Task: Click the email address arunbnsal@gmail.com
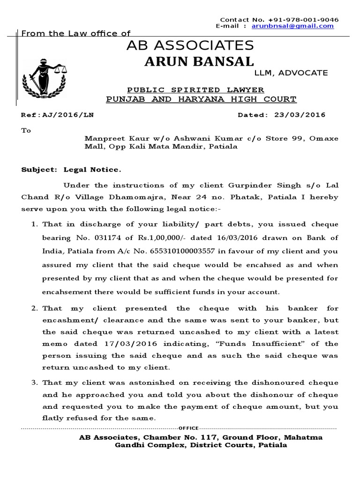(x=292, y=26)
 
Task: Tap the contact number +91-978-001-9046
(x=303, y=20)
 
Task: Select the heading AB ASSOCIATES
(x=190, y=45)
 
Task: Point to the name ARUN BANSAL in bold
(x=199, y=61)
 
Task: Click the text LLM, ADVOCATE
(x=291, y=73)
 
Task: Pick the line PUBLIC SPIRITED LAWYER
(x=196, y=90)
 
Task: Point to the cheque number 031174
(x=115, y=239)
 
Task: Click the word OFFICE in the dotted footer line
(x=189, y=428)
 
